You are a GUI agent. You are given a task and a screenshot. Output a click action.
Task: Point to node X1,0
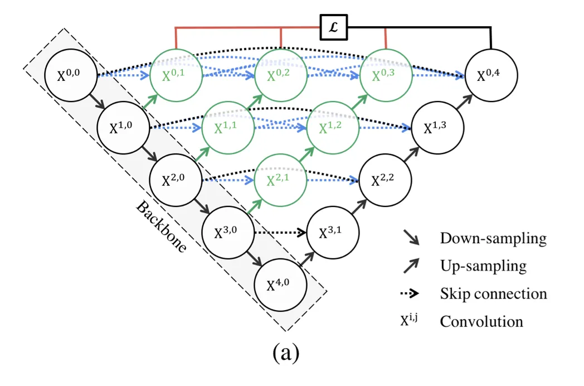(123, 128)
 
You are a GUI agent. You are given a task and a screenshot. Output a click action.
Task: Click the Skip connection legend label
(493, 293)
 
